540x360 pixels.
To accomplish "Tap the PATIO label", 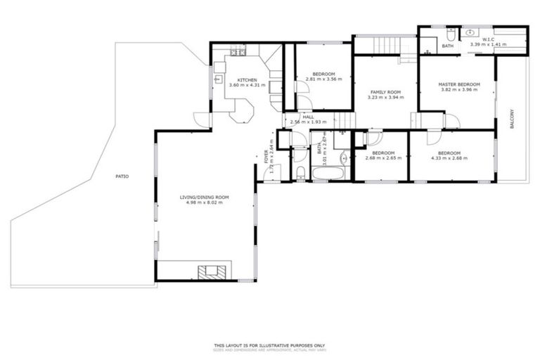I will [x=122, y=176].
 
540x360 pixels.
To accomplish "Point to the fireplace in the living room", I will [x=213, y=272].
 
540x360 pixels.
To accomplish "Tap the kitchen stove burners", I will [x=236, y=52].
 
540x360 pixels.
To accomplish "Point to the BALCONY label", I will [x=511, y=118].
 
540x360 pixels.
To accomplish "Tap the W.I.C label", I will [x=488, y=39].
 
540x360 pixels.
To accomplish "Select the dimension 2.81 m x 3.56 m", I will [x=323, y=79].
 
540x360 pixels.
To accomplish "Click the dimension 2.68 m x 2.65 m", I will [x=383, y=158].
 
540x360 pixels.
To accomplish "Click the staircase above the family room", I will [x=386, y=45].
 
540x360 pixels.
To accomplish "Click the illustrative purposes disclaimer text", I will [x=270, y=345].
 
